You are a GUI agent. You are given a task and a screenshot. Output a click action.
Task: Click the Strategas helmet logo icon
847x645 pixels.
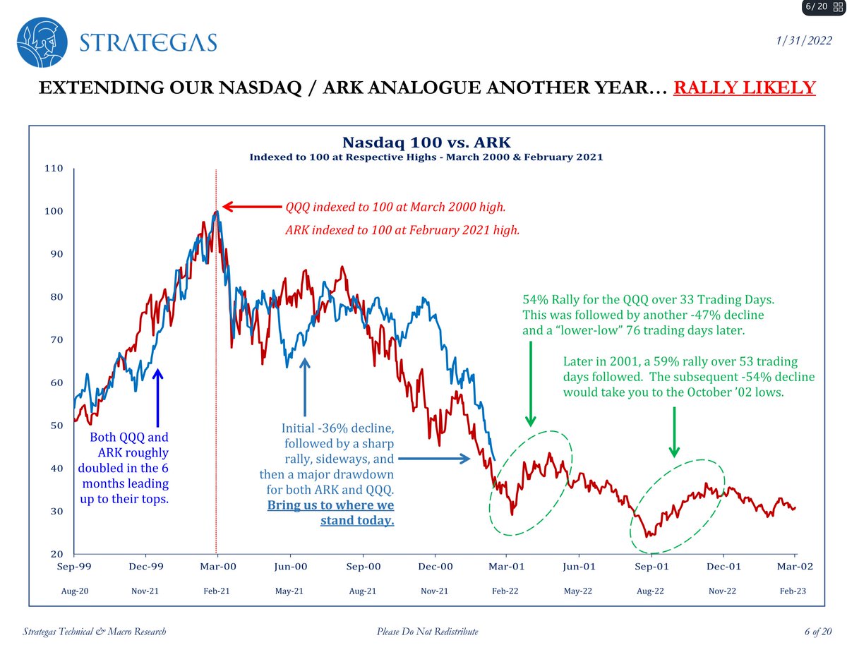click(43, 42)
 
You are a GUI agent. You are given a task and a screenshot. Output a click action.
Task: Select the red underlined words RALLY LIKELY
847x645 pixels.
click(745, 88)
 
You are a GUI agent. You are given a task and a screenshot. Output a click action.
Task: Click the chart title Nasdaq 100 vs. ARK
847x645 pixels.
click(426, 143)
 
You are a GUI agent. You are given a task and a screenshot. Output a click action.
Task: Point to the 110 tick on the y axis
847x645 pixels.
click(54, 169)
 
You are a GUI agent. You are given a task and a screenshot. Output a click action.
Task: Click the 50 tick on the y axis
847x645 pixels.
click(56, 426)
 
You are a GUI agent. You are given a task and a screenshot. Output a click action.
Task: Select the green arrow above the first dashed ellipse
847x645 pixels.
click(529, 381)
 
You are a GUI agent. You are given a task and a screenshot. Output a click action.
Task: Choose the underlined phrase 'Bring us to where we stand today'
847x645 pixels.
click(330, 513)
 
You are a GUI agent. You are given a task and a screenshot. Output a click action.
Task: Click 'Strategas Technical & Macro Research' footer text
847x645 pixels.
click(95, 631)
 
